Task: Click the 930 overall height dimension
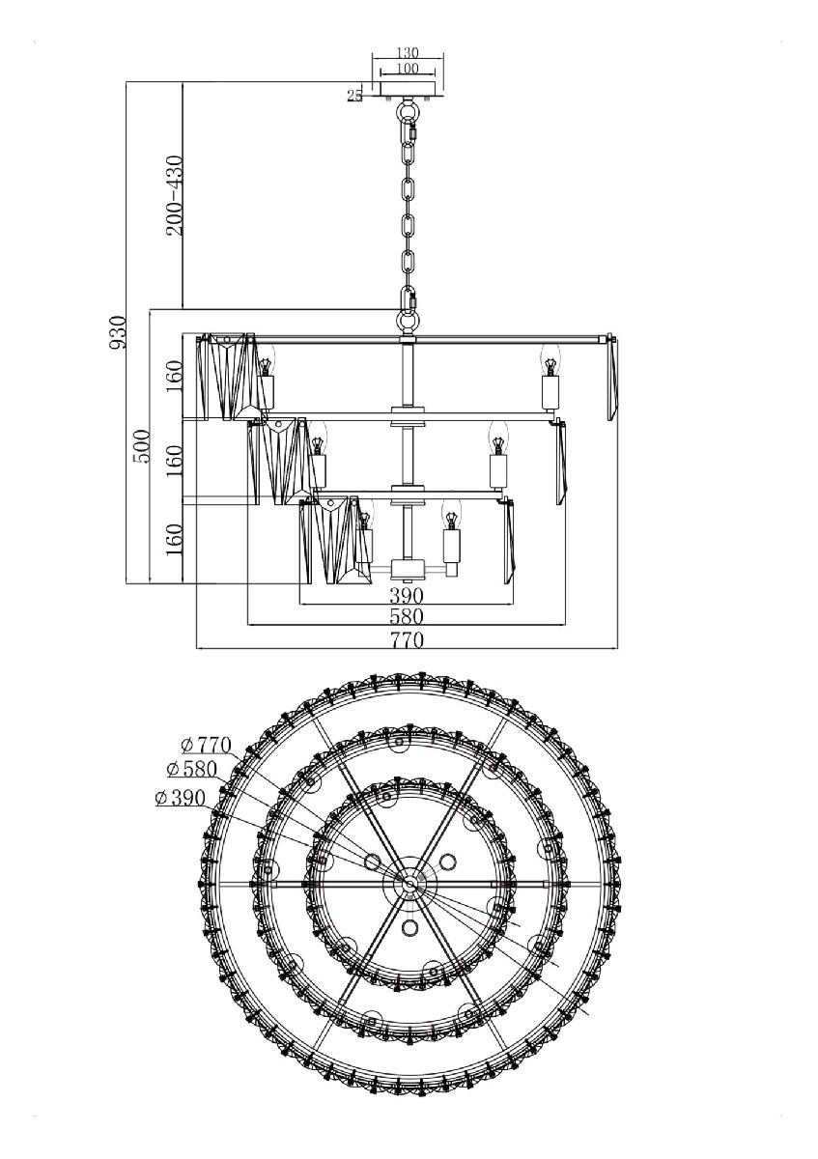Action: [118, 331]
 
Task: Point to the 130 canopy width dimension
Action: [407, 54]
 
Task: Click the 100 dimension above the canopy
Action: [407, 70]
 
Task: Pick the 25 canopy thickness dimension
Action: [354, 95]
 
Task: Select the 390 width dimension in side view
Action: [407, 596]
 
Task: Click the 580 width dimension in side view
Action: [407, 616]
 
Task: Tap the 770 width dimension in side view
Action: [407, 638]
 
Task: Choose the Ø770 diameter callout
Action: [206, 745]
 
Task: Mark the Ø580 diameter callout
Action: [191, 770]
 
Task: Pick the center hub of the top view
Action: [409, 883]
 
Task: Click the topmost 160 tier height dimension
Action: [174, 377]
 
